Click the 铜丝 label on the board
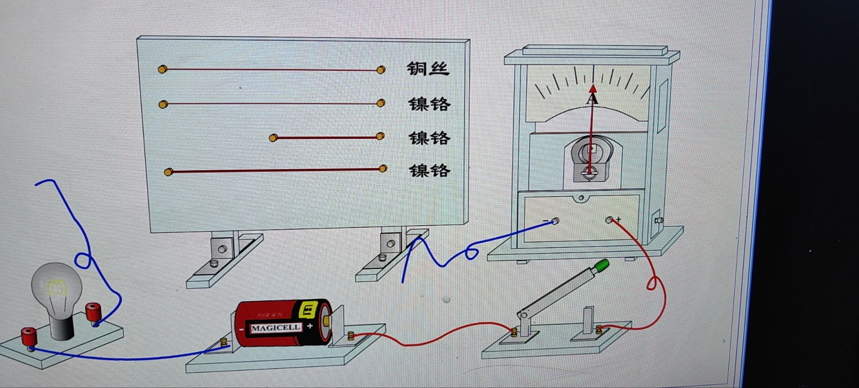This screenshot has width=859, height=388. (x=428, y=69)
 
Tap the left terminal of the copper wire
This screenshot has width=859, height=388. (x=162, y=69)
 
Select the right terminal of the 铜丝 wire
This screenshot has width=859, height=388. (x=381, y=70)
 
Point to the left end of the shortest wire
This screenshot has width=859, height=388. (x=273, y=138)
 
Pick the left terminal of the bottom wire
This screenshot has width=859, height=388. (x=168, y=172)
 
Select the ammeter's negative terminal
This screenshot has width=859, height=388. (x=555, y=221)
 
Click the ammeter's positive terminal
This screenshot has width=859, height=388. (x=609, y=220)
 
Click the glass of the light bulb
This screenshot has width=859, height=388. (x=56, y=286)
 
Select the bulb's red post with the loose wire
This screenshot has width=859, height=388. (x=93, y=311)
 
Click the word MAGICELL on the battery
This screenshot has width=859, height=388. (x=275, y=328)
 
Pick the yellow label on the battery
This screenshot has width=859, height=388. (x=308, y=309)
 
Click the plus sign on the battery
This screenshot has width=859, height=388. (x=310, y=326)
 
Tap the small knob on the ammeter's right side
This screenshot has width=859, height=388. (x=658, y=220)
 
